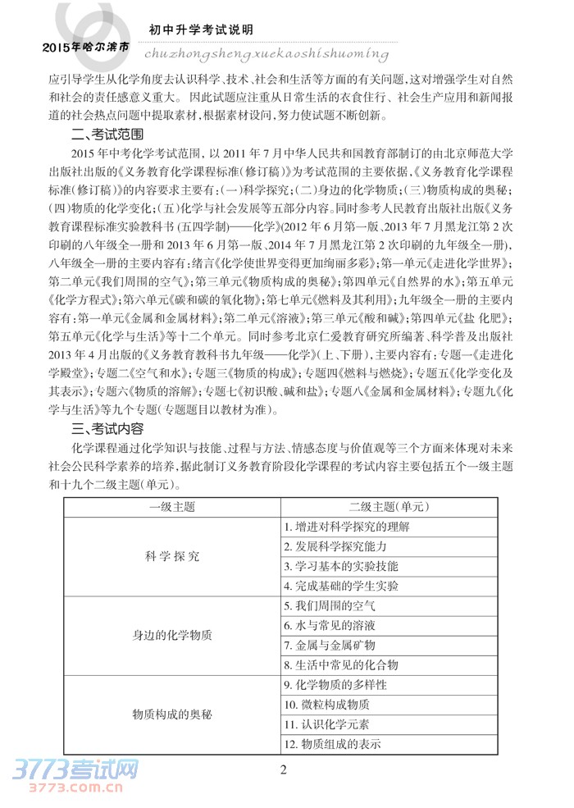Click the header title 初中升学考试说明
tap(201, 30)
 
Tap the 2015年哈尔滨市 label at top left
tap(85, 48)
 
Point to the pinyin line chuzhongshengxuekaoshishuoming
tap(266, 53)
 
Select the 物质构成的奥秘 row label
tap(171, 714)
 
